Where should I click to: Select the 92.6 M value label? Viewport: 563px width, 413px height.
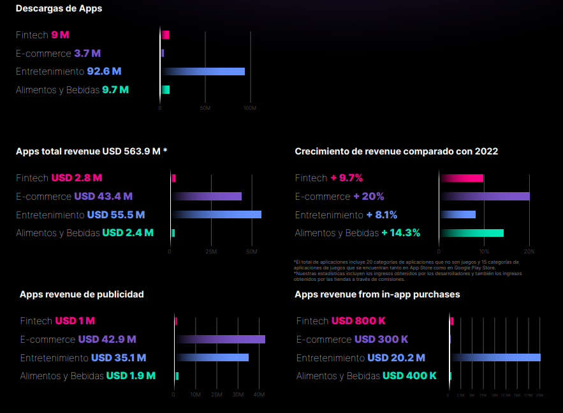click(x=104, y=71)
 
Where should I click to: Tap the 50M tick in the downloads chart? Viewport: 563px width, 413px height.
click(x=205, y=109)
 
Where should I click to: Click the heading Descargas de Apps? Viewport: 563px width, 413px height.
click(x=59, y=9)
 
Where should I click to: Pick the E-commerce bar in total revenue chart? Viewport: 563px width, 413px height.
click(x=207, y=197)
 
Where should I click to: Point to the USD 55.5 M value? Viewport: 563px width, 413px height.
click(x=115, y=214)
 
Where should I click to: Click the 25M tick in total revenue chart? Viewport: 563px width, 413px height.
click(x=211, y=252)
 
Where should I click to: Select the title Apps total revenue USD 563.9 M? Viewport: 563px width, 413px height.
click(x=91, y=151)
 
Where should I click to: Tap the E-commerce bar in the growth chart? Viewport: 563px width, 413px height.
click(x=485, y=197)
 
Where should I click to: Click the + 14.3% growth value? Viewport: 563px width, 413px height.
click(x=400, y=233)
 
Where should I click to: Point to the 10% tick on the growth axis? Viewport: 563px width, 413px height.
click(x=484, y=252)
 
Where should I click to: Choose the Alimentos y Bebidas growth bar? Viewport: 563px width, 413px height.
click(x=472, y=233)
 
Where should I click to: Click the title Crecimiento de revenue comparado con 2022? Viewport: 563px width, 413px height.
click(x=396, y=151)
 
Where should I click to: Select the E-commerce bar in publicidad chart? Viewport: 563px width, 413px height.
click(x=220, y=340)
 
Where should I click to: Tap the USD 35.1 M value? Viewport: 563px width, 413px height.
click(x=119, y=358)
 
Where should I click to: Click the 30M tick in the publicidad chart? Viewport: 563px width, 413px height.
click(x=238, y=395)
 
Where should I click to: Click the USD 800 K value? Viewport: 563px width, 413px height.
click(x=358, y=321)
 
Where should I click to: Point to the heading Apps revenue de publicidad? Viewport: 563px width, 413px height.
click(x=82, y=294)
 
